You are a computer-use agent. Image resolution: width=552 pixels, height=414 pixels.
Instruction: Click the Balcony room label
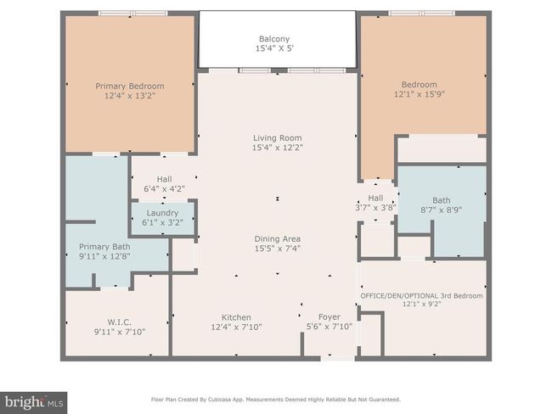pyautogui.click(x=274, y=39)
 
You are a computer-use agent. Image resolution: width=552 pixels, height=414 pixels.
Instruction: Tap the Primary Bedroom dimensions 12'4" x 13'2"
pyautogui.click(x=130, y=95)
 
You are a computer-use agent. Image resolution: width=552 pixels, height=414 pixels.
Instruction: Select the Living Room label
pyautogui.click(x=278, y=138)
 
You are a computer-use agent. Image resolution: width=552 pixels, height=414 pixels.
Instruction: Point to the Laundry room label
pyautogui.click(x=162, y=213)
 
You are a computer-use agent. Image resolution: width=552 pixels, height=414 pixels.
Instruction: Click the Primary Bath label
pyautogui.click(x=104, y=247)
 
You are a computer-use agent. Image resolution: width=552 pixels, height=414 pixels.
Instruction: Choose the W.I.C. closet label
pyautogui.click(x=120, y=322)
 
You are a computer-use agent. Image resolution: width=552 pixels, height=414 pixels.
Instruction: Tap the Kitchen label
pyautogui.click(x=236, y=317)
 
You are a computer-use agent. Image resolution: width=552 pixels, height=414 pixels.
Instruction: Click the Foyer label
pyautogui.click(x=330, y=317)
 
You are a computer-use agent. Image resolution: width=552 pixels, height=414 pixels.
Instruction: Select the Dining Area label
pyautogui.click(x=278, y=239)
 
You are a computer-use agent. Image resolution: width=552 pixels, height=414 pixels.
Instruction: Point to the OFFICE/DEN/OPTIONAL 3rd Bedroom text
pyautogui.click(x=422, y=296)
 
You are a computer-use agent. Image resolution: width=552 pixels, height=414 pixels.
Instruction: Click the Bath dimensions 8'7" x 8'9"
pyautogui.click(x=442, y=210)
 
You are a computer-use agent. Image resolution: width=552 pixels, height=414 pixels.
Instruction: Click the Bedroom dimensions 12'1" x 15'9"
pyautogui.click(x=420, y=94)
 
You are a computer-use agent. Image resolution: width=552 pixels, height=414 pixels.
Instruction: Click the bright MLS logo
pyautogui.click(x=33, y=402)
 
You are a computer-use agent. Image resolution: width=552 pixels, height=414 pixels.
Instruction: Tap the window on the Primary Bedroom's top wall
pyautogui.click(x=132, y=14)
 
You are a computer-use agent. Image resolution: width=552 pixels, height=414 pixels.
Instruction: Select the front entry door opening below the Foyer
pyautogui.click(x=338, y=358)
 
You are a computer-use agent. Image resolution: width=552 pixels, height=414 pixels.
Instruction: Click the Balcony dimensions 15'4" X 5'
pyautogui.click(x=274, y=48)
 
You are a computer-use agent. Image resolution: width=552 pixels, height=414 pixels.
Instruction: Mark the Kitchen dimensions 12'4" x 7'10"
pyautogui.click(x=236, y=327)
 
